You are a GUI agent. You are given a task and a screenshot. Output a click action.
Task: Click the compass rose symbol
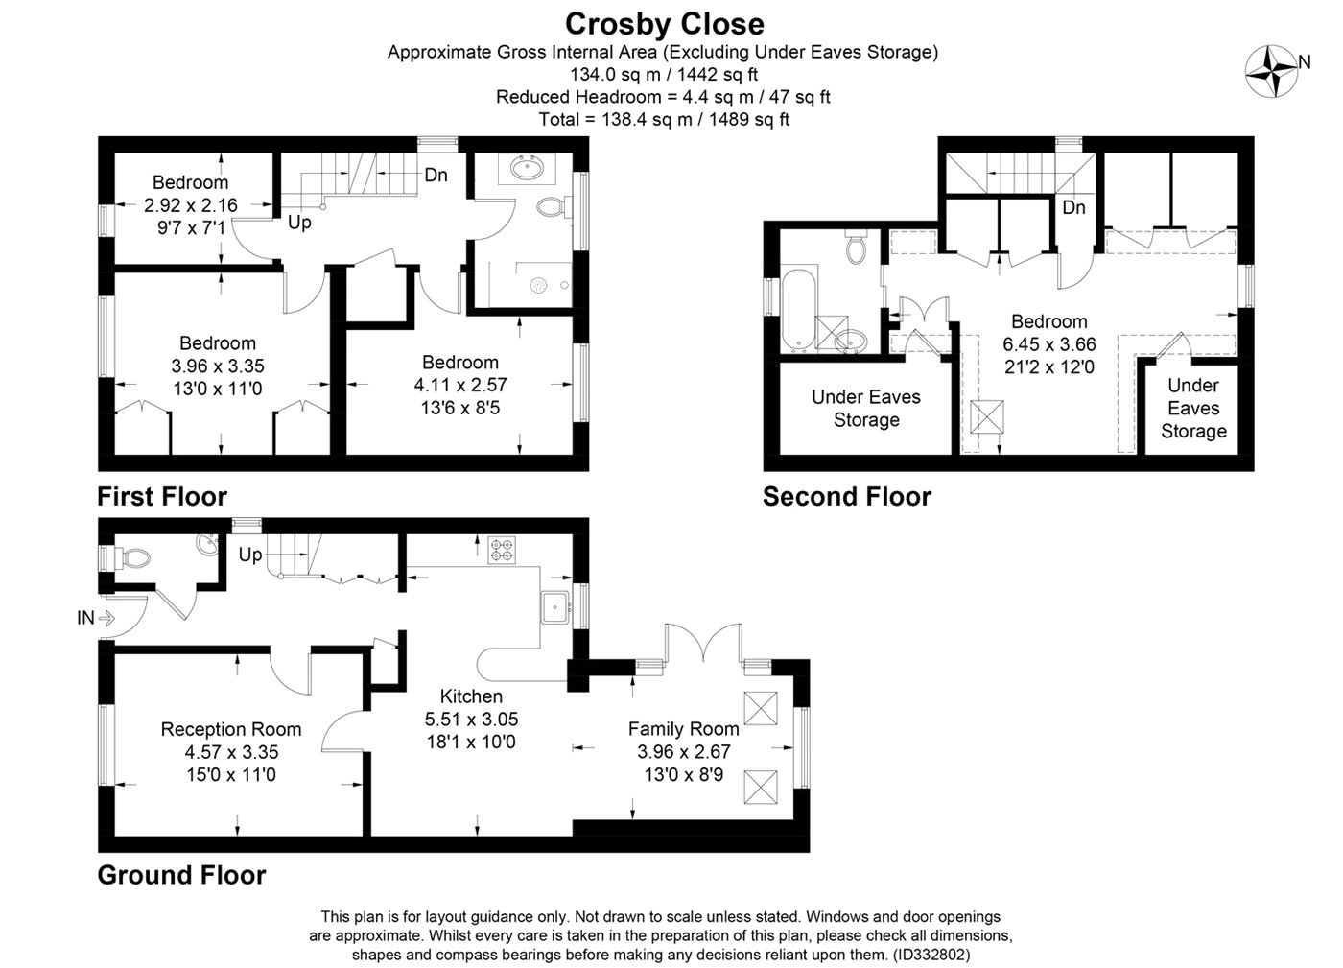[1271, 71]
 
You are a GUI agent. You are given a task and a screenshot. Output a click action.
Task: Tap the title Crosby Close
[664, 25]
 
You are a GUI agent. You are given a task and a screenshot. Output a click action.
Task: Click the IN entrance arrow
[106, 618]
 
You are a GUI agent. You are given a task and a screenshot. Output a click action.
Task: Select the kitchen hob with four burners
[502, 551]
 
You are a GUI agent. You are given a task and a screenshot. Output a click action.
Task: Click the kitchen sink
[555, 607]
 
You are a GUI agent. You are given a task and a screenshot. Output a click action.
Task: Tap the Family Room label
[683, 729]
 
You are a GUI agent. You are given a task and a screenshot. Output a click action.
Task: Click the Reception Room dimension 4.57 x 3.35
[231, 751]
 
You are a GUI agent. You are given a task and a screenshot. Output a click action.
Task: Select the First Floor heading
[162, 497]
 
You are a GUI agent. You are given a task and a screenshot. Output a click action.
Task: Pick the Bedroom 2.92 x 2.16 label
[191, 182]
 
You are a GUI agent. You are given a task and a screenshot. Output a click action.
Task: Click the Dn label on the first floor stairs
[436, 176]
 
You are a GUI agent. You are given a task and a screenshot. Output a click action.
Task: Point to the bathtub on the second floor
[799, 311]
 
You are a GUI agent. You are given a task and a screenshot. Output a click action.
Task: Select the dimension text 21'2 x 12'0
[1049, 367]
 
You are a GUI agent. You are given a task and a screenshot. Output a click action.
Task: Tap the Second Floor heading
[846, 497]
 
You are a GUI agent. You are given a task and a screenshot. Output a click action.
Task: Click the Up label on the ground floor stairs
[250, 555]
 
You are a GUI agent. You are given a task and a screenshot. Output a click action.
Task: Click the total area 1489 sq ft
[749, 119]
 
